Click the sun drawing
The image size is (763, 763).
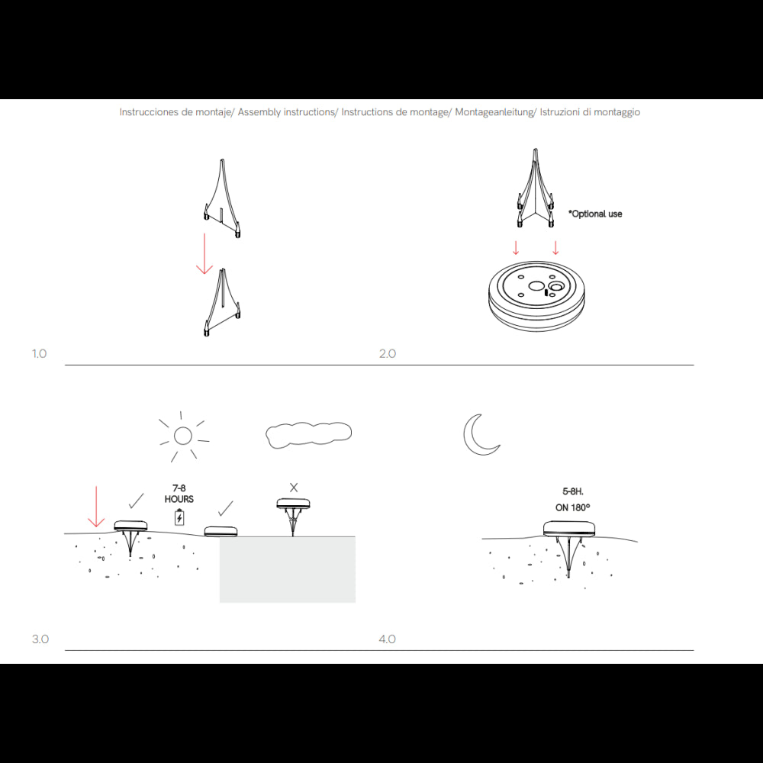pyautogui.click(x=183, y=436)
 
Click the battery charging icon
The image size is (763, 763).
pyautogui.click(x=179, y=517)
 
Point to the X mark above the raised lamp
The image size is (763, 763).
pyautogui.click(x=294, y=488)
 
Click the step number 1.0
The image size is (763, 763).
pyautogui.click(x=40, y=354)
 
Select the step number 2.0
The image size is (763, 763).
pyautogui.click(x=388, y=354)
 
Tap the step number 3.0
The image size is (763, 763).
pyautogui.click(x=40, y=639)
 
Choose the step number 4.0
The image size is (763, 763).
pyautogui.click(x=388, y=639)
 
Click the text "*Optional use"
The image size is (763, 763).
pyautogui.click(x=595, y=214)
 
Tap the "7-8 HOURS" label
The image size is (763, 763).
pyautogui.click(x=179, y=494)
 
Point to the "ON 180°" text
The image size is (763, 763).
pyautogui.click(x=573, y=507)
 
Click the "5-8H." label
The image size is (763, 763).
pyautogui.click(x=573, y=491)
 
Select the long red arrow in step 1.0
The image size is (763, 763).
pyautogui.click(x=204, y=253)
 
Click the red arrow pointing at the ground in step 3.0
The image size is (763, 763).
pyautogui.click(x=96, y=506)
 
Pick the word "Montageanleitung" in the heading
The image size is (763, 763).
pyautogui.click(x=494, y=112)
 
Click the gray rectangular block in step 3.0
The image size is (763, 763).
pyautogui.click(x=288, y=569)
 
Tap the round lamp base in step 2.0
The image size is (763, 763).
pyautogui.click(x=536, y=296)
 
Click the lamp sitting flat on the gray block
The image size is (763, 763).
pyautogui.click(x=221, y=531)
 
